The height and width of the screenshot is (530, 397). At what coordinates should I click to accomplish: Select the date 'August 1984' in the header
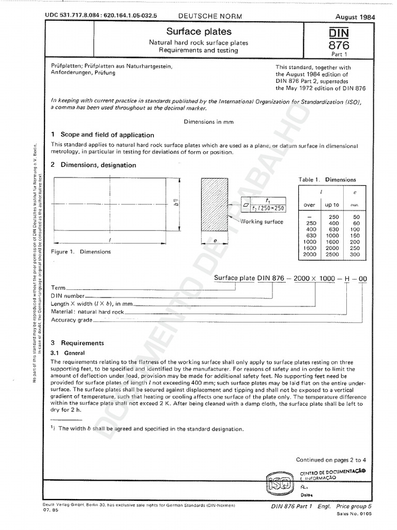(355, 17)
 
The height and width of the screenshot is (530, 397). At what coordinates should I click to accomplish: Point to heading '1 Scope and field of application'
(102, 135)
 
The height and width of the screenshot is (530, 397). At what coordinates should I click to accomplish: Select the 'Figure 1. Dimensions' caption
(81, 252)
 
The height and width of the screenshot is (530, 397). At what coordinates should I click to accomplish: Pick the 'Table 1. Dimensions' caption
(327, 180)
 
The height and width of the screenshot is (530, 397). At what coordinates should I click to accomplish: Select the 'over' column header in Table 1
(309, 205)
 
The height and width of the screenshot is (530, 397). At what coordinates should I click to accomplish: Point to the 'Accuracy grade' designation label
(72, 320)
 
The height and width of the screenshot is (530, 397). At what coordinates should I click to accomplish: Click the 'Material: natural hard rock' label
(87, 312)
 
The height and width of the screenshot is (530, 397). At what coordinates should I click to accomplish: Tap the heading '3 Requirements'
(78, 343)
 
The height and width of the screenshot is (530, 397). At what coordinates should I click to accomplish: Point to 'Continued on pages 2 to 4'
(331, 460)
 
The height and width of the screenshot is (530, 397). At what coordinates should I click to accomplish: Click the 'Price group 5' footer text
(354, 507)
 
